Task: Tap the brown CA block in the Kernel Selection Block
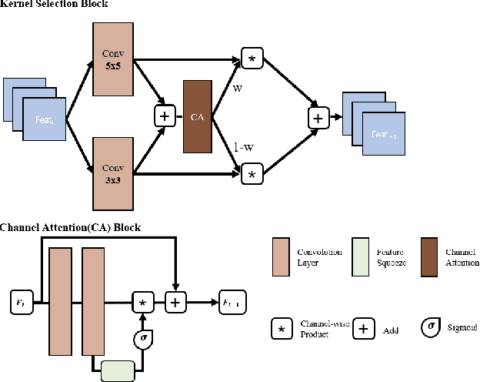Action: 196,116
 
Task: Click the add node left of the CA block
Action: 164,116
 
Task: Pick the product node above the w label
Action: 251,59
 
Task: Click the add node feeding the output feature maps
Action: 317,117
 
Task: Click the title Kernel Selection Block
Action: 54,5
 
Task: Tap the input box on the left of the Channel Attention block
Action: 19,301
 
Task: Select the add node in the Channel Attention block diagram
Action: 175,301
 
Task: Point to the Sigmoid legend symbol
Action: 432,326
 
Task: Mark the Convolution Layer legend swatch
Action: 281,256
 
